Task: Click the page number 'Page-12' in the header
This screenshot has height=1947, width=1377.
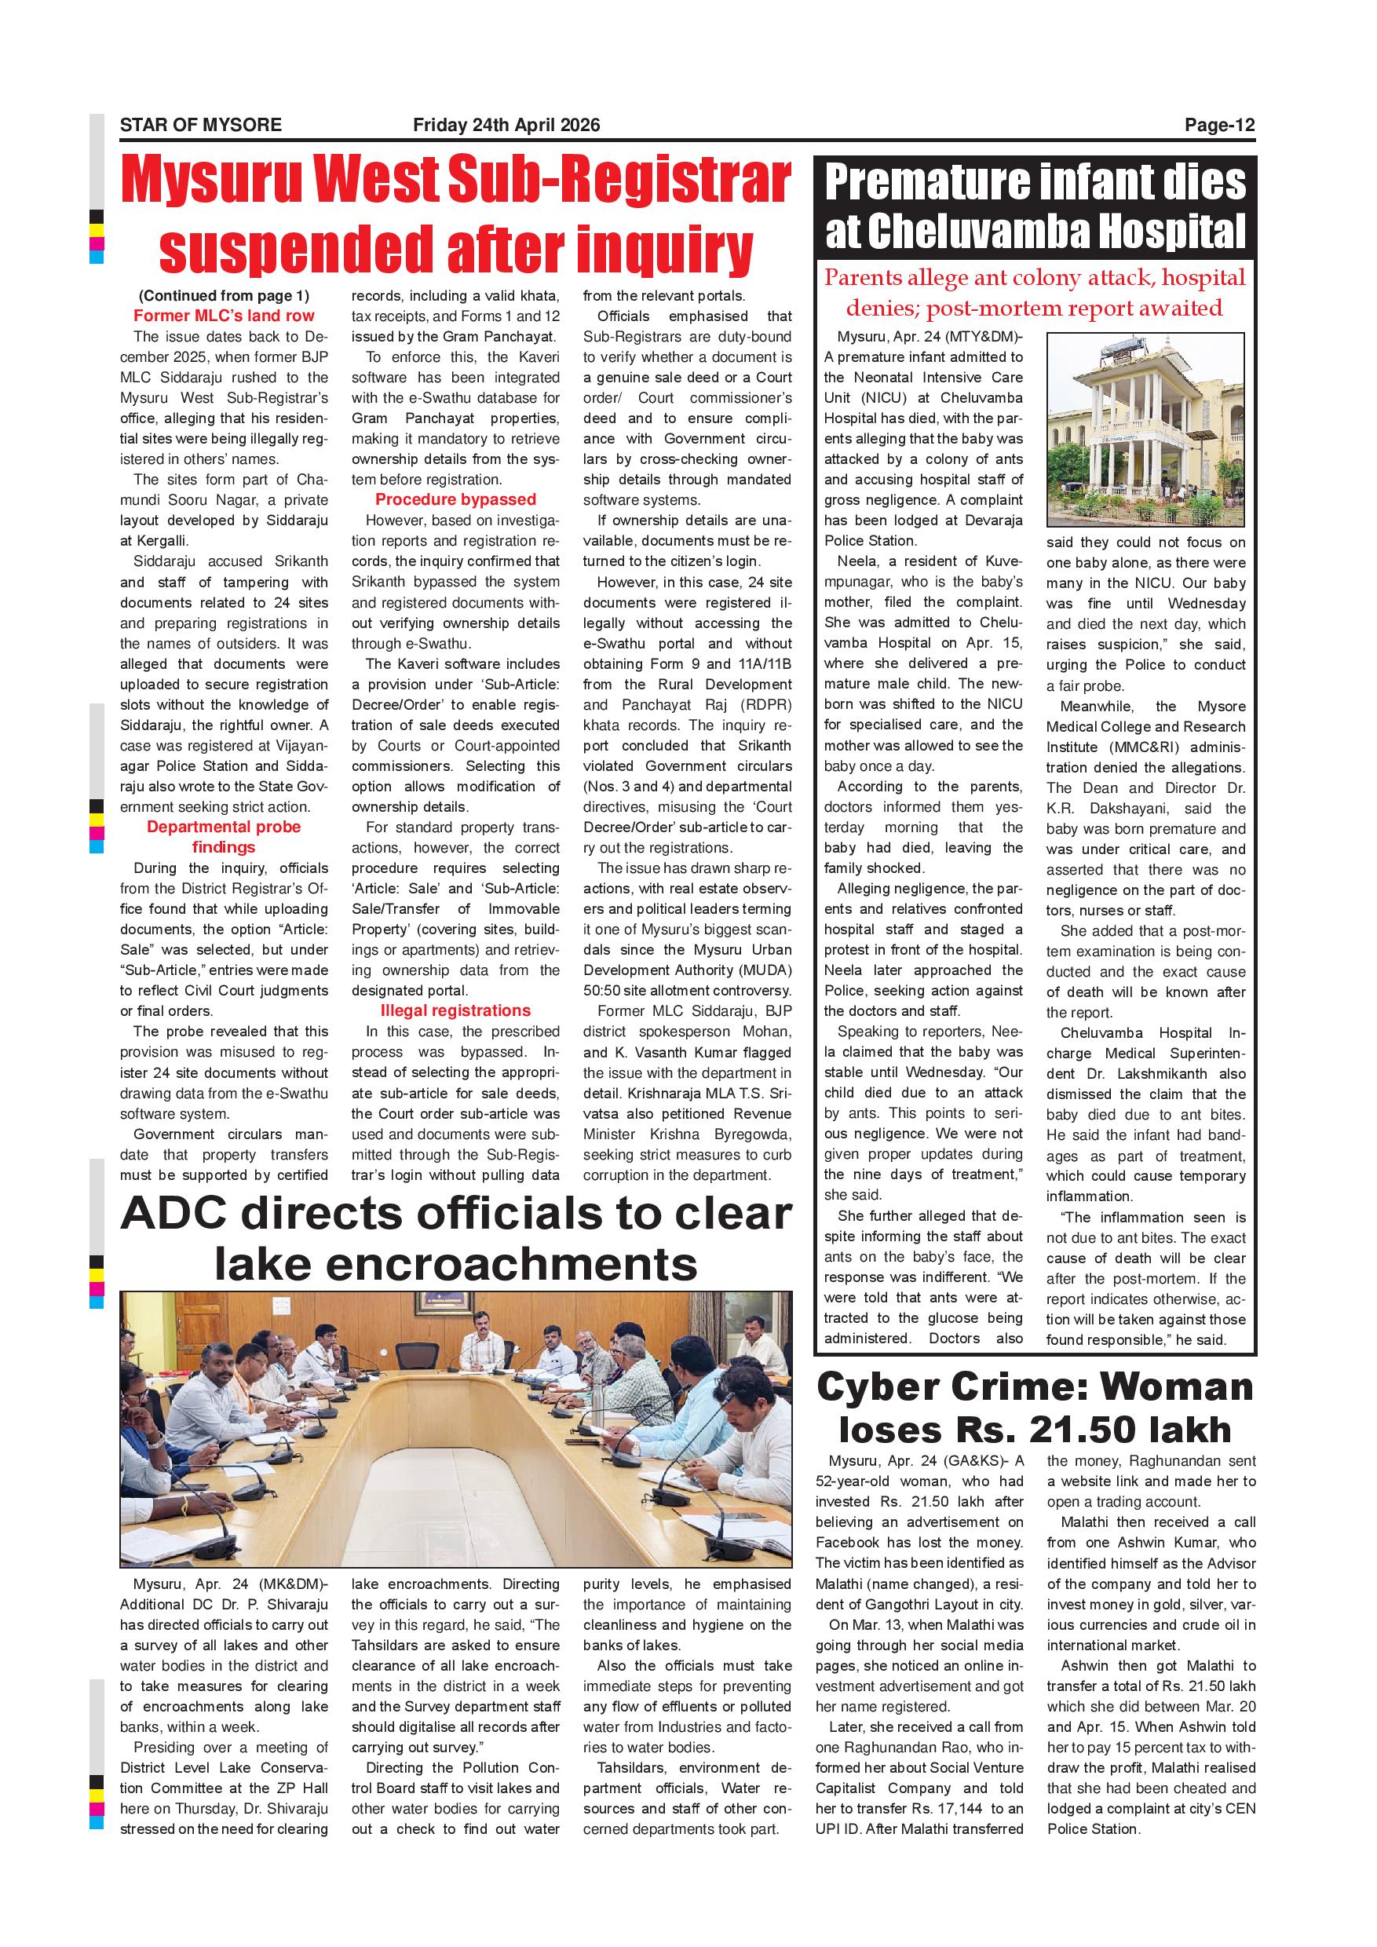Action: coord(1219,126)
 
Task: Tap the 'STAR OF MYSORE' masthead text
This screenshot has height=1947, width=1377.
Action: coord(201,126)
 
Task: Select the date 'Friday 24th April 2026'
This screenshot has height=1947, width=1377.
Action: coord(506,126)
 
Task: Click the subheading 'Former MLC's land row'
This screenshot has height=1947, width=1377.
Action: coord(224,316)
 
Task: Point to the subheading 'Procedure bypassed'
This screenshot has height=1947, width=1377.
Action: coord(455,499)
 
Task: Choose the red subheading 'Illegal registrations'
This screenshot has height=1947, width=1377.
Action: coord(455,1011)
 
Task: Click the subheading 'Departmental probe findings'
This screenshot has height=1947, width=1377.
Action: coord(224,837)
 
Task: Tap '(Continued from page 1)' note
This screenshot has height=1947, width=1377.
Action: coord(224,296)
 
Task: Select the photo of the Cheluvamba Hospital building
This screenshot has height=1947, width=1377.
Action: coord(1145,430)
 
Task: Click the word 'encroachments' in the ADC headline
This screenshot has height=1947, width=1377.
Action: coord(456,1264)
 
